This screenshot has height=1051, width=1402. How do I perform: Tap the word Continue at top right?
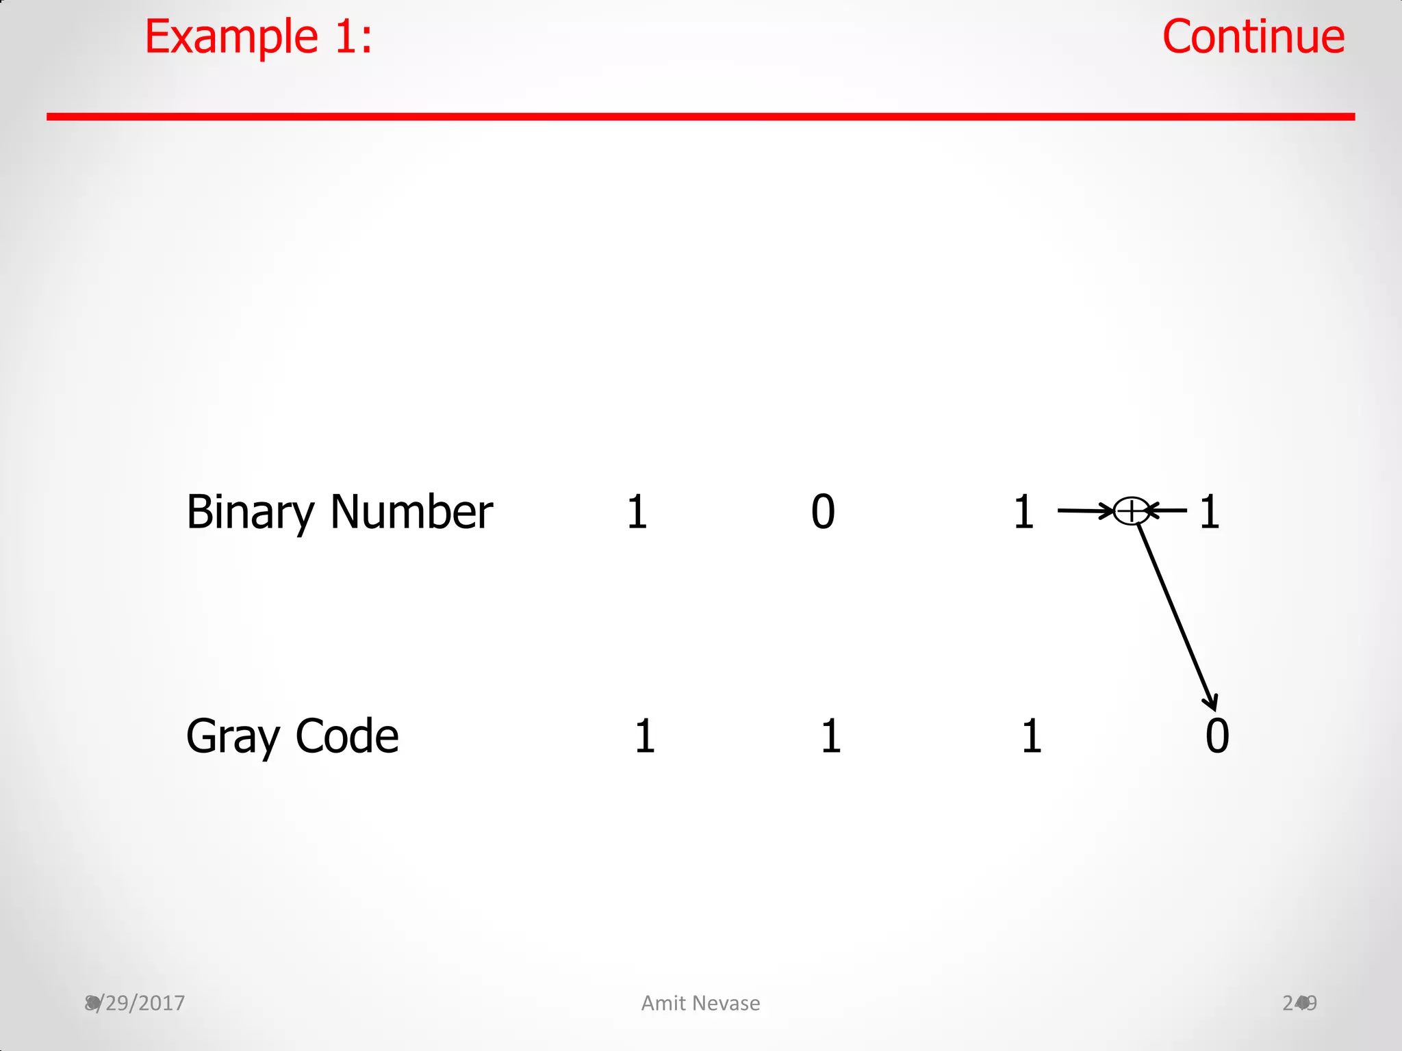1253,37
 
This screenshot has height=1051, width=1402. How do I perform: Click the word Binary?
250,512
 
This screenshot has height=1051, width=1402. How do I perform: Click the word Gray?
233,737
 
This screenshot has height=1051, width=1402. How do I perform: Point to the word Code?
347,737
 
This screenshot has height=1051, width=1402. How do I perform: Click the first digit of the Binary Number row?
637,512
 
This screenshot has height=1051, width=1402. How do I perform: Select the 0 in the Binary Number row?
823,512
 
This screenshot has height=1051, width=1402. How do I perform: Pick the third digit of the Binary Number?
1023,512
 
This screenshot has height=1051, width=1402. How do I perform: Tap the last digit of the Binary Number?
1210,512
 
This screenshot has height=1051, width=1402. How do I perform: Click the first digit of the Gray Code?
645,737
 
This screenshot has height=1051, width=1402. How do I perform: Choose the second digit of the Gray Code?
831,737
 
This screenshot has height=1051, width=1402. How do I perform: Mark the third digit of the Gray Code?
1032,737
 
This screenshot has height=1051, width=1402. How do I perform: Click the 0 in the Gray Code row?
1217,737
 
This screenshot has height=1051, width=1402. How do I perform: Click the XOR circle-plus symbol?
1131,510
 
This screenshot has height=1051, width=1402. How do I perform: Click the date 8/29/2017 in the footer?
136,1003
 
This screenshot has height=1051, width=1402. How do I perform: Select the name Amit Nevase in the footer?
700,1003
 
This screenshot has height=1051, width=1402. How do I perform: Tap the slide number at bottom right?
1299,1003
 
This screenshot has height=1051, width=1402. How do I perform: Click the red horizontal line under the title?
700,117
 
